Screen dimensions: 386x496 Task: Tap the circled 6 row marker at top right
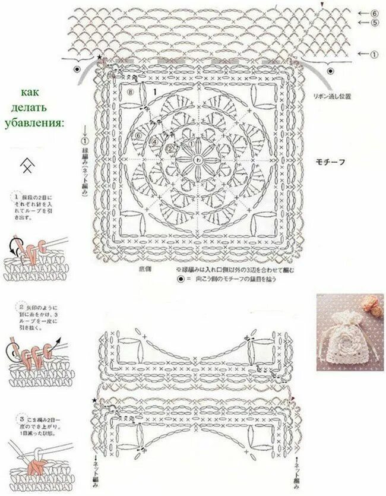[x=375, y=13]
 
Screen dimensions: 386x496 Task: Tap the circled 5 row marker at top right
[x=375, y=23]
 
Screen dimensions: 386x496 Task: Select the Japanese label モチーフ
[x=332, y=162]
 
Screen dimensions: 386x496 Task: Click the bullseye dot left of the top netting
[x=78, y=69]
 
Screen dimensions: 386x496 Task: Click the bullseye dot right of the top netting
[x=331, y=70]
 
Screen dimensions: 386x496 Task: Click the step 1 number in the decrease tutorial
[x=13, y=197]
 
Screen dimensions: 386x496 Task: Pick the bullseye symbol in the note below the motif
[x=179, y=278]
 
